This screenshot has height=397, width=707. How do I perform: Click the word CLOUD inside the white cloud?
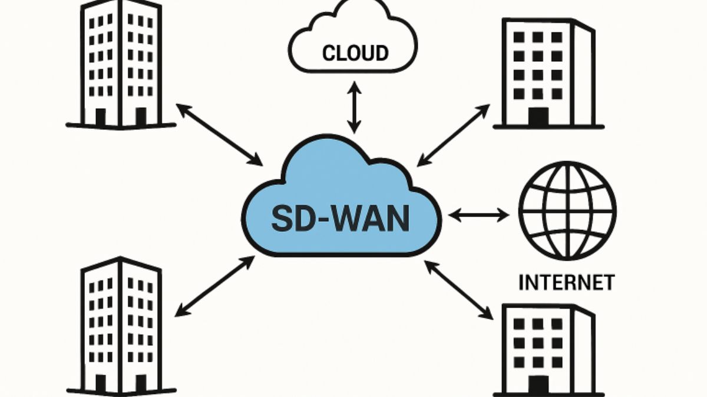pyautogui.click(x=355, y=53)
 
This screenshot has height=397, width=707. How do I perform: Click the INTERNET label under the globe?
pyautogui.click(x=566, y=282)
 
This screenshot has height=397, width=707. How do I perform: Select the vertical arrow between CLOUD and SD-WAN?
pyautogui.click(x=353, y=108)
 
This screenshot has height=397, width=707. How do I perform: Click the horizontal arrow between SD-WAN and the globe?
pyautogui.click(x=478, y=215)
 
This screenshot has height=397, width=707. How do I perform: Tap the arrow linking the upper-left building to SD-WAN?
pyautogui.click(x=219, y=134)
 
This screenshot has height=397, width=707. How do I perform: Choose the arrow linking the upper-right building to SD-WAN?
pyautogui.click(x=453, y=135)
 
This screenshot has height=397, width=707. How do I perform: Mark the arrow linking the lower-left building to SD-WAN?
pyautogui.click(x=214, y=286)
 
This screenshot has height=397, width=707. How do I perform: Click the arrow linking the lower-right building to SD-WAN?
pyautogui.click(x=458, y=290)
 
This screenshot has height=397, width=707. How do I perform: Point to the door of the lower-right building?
pyautogui.click(x=537, y=385)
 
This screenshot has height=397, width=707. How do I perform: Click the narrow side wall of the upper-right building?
pyautogui.click(x=583, y=74)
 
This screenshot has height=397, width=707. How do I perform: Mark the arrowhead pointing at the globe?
pyautogui.click(x=504, y=215)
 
